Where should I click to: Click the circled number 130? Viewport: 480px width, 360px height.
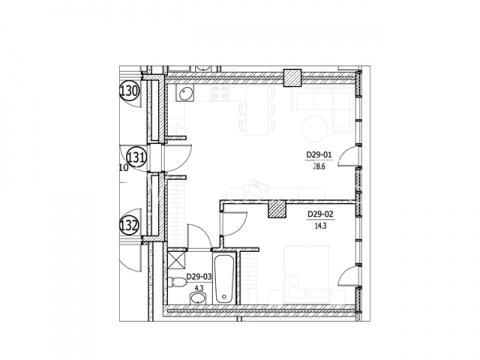coord(129,91)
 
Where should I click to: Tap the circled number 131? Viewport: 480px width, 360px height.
coord(136,157)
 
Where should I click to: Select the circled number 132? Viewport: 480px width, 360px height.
coord(129,225)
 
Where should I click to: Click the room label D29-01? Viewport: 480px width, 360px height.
coord(320,155)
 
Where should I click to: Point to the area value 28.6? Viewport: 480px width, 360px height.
coord(319,166)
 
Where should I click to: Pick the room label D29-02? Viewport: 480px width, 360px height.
coord(320,214)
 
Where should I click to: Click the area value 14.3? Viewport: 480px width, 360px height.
coord(320,226)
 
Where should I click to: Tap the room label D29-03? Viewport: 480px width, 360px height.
coord(199,276)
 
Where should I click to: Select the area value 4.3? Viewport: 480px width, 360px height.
coord(199,287)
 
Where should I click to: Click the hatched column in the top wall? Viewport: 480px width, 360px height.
coord(292,78)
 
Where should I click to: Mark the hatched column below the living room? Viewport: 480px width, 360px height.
coord(277,209)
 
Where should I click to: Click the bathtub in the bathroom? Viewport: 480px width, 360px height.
coord(224,279)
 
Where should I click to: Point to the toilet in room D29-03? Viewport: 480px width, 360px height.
coord(178,282)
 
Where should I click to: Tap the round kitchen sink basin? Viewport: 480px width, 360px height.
coord(185,94)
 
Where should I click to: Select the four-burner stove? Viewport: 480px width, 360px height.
coord(220,93)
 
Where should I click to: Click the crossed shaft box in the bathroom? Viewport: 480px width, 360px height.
coord(177,260)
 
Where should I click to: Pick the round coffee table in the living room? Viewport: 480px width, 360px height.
coord(314,128)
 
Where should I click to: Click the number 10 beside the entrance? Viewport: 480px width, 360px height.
coord(123,168)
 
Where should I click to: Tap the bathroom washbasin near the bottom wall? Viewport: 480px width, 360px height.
coord(199,298)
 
